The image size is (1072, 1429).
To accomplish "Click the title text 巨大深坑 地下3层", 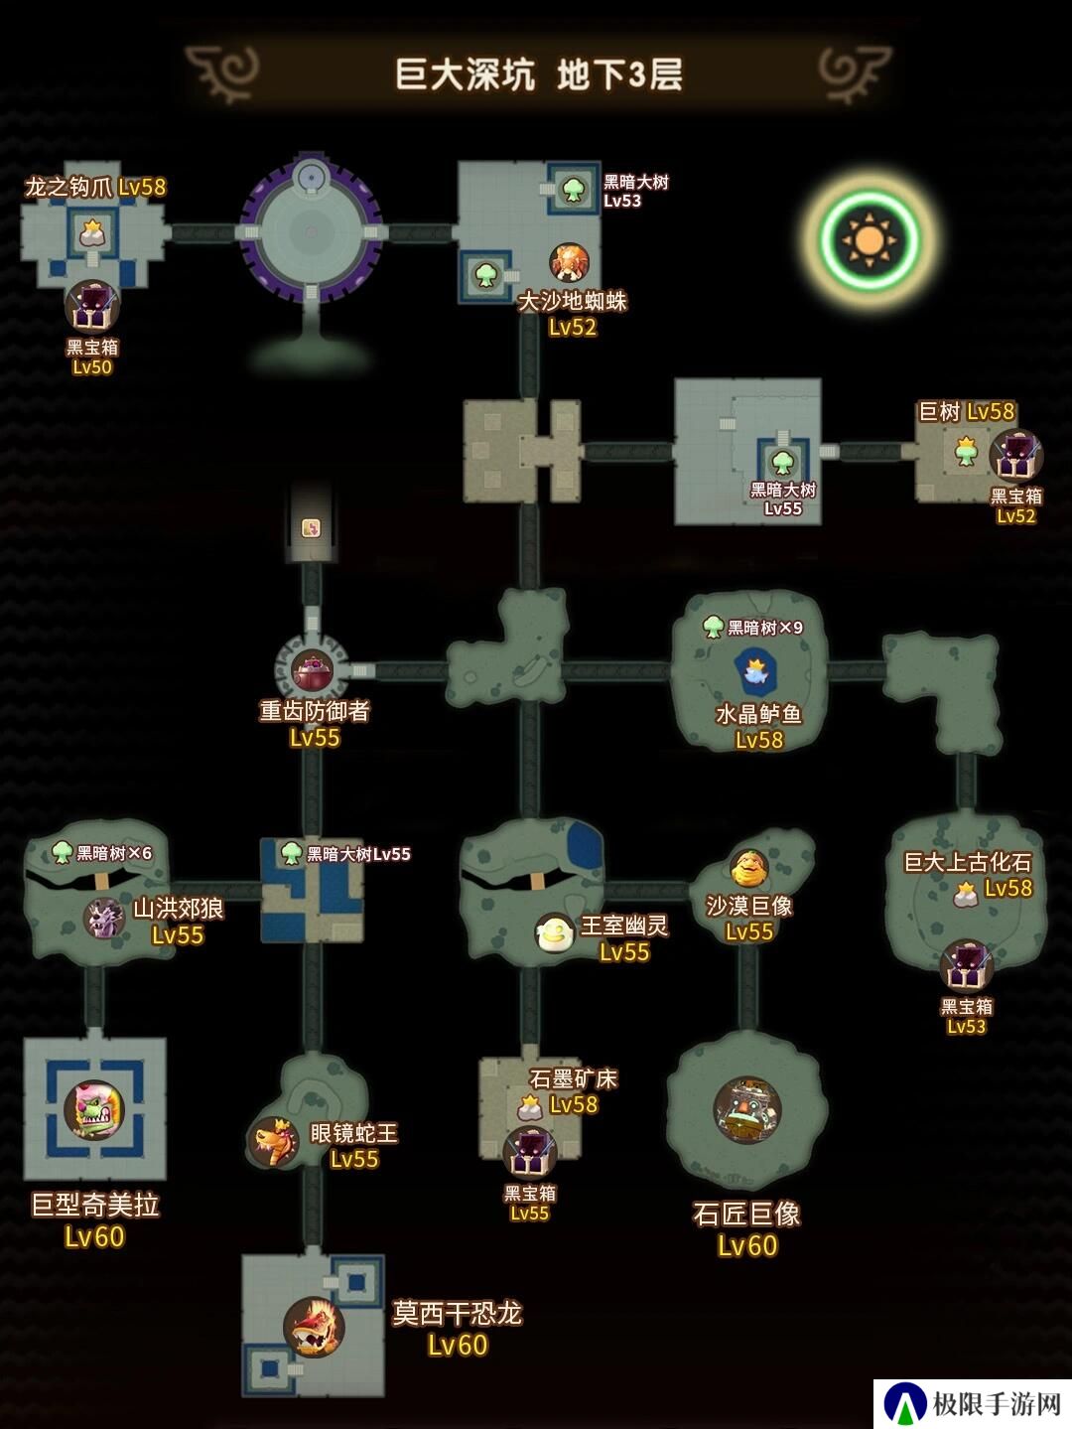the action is (539, 74).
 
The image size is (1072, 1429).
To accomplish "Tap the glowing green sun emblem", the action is (870, 240).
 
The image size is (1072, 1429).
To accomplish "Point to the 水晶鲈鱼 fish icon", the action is (755, 671).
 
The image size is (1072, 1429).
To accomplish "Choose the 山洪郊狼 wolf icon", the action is (105, 918).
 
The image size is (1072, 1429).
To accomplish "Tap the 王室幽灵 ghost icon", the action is (554, 932).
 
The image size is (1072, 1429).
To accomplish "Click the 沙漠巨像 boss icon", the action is (748, 868).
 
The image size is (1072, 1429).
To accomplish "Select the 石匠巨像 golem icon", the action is (746, 1110).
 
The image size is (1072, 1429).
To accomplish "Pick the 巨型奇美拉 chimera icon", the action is (95, 1110).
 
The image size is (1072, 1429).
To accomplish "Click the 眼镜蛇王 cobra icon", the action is (274, 1143).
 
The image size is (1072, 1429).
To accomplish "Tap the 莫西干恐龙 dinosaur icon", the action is (314, 1326).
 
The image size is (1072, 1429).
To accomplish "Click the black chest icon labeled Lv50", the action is (91, 307).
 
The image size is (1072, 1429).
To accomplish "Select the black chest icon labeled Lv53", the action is (967, 966).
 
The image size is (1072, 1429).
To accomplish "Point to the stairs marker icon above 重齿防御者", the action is (312, 527).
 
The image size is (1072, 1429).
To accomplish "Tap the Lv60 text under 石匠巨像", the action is (747, 1245).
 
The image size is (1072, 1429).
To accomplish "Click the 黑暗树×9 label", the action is (765, 628).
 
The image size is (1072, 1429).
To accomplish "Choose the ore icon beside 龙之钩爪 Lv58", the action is (93, 232).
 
